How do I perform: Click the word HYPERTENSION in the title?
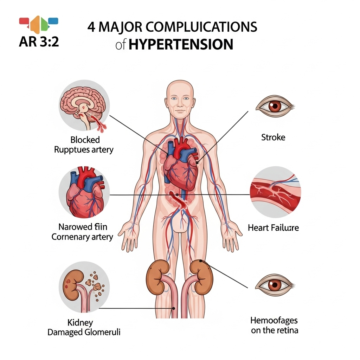(x=181, y=45)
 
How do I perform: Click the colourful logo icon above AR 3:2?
(x=39, y=24)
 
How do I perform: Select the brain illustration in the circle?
(x=84, y=104)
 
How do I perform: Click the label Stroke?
(x=273, y=137)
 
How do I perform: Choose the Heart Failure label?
(x=273, y=227)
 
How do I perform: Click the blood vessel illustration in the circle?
(x=275, y=192)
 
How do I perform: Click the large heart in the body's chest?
(x=179, y=163)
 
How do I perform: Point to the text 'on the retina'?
(x=274, y=330)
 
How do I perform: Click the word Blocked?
(x=85, y=140)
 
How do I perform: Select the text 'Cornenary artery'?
(x=82, y=237)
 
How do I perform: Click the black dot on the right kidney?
(x=200, y=261)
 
